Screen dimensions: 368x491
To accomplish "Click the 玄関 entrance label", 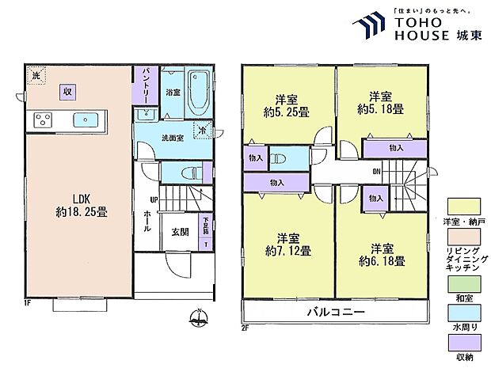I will pos(180,231).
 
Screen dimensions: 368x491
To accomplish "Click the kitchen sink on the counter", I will pos(85,120).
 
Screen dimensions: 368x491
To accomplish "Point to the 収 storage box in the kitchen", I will pos(69,90).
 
